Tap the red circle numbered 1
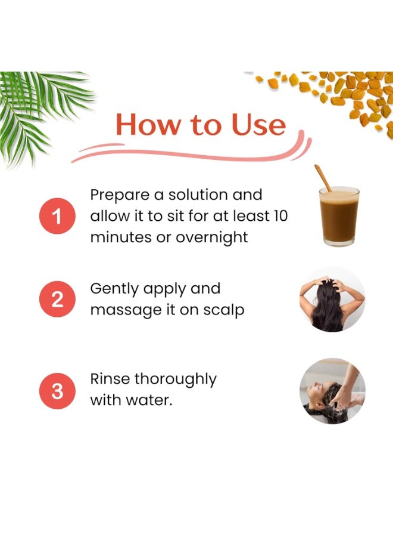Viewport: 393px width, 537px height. pos(57,216)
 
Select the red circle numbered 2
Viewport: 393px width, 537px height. pos(57,299)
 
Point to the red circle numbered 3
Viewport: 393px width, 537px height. pos(57,391)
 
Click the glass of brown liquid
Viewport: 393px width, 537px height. pos(339,216)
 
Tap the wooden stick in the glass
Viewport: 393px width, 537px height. pos(323,178)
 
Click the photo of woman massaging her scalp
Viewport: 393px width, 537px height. pos(332,299)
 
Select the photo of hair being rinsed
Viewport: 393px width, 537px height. pos(332,391)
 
